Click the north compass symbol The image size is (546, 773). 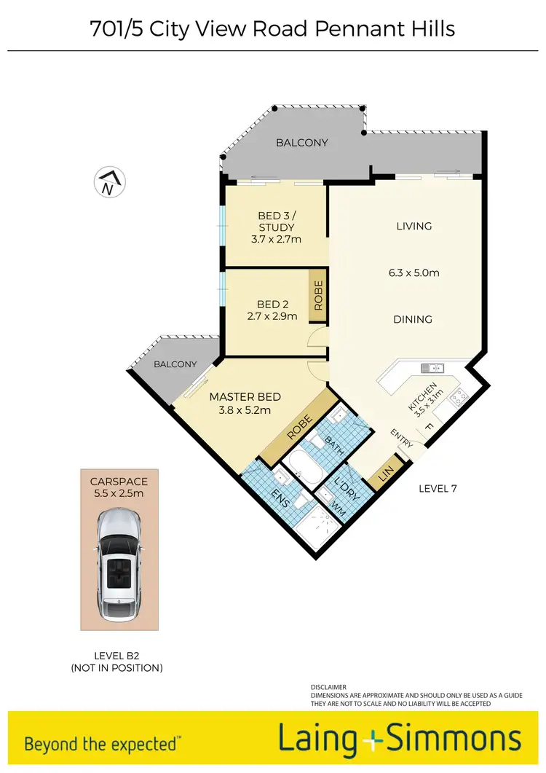click(x=110, y=183)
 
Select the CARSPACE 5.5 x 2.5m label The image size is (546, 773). click(x=119, y=487)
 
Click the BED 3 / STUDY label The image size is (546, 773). click(x=276, y=227)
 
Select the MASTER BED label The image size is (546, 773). click(x=245, y=403)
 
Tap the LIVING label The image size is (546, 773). click(x=414, y=226)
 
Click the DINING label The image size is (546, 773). click(x=414, y=319)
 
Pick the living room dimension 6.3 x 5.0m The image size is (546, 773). click(x=414, y=273)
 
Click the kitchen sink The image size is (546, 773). click(x=432, y=368)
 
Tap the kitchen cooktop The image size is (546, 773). click(x=459, y=397)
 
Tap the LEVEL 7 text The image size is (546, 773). click(x=438, y=489)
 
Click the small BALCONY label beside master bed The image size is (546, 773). click(x=175, y=364)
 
